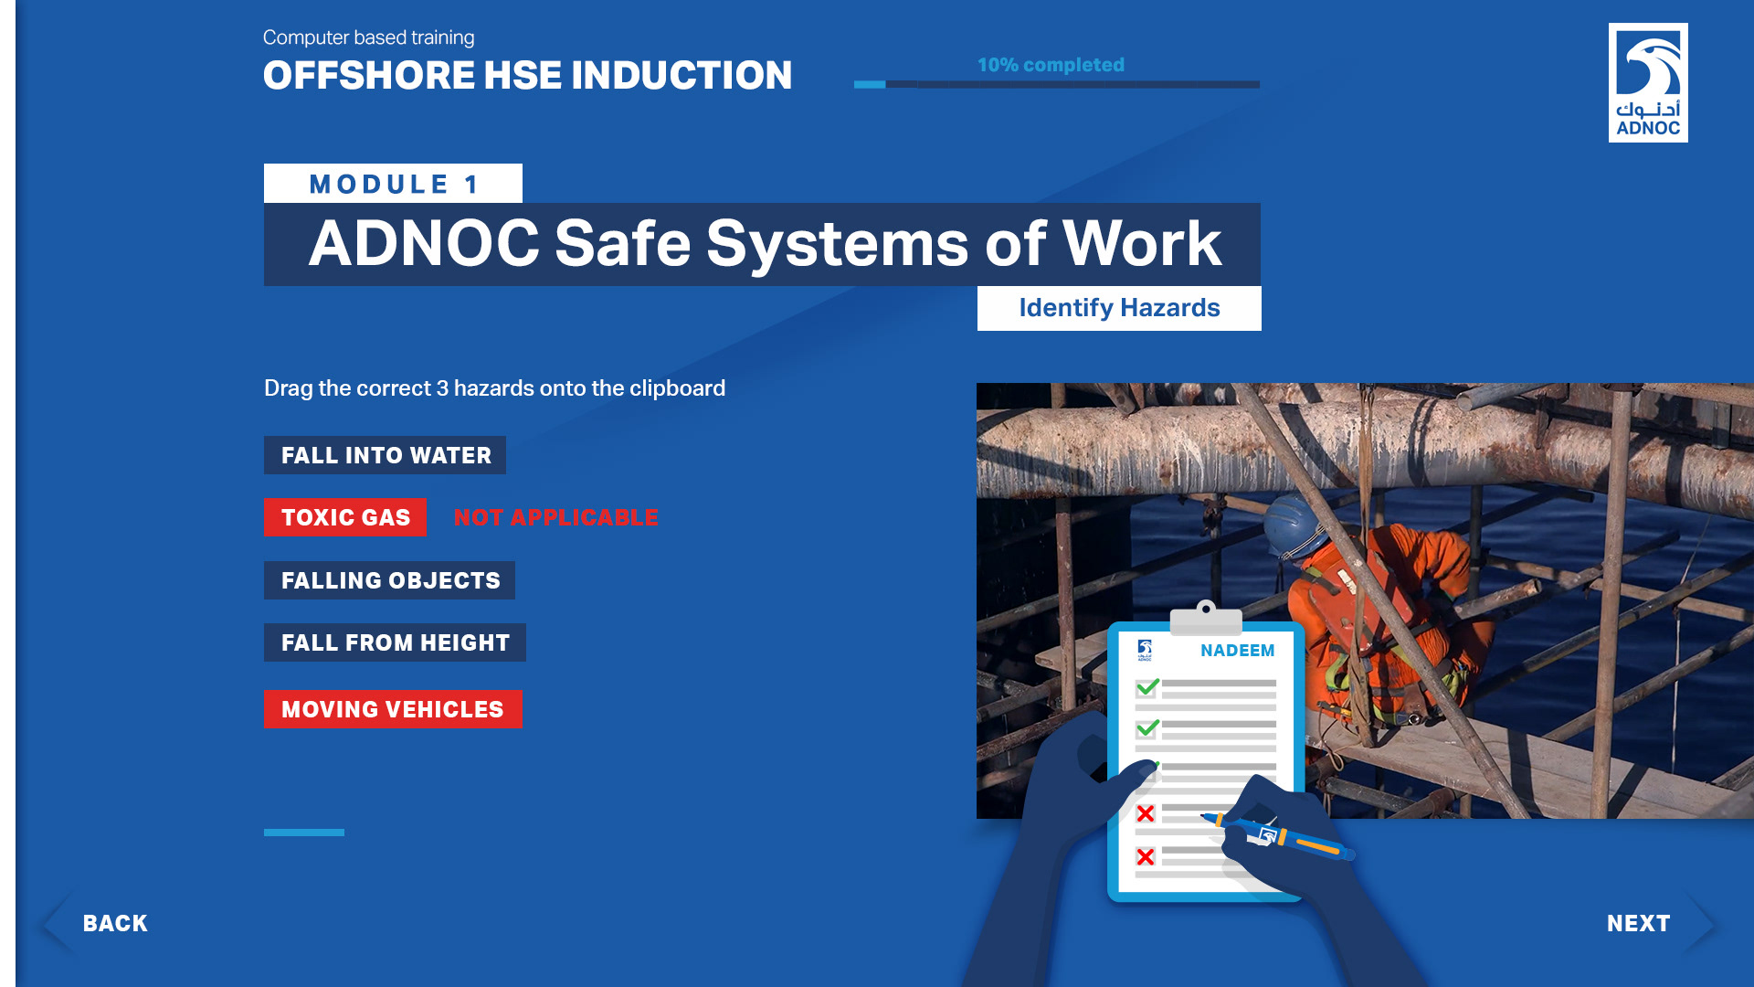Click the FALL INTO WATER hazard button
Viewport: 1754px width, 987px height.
pos(385,455)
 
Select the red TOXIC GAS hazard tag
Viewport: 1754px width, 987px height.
pos(345,517)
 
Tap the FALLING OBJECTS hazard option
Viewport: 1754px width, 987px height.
pos(389,580)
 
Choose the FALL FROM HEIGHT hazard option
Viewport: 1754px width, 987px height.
pos(395,642)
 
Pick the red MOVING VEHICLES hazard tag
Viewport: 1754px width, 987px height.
pos(393,709)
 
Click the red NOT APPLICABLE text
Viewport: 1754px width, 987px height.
pos(555,517)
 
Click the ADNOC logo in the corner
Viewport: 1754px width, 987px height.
pos(1648,82)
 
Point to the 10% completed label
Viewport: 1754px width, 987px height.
pos(1051,65)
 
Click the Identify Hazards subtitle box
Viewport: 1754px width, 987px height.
pos(1119,308)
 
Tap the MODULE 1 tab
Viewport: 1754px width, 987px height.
pos(393,183)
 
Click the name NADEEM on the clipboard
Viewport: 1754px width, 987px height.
pos(1237,651)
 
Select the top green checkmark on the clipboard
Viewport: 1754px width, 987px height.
pos(1147,687)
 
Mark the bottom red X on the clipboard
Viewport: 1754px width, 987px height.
pos(1146,856)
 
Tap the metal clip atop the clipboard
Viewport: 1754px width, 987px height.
pos(1206,619)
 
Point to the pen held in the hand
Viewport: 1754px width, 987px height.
pos(1279,834)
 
